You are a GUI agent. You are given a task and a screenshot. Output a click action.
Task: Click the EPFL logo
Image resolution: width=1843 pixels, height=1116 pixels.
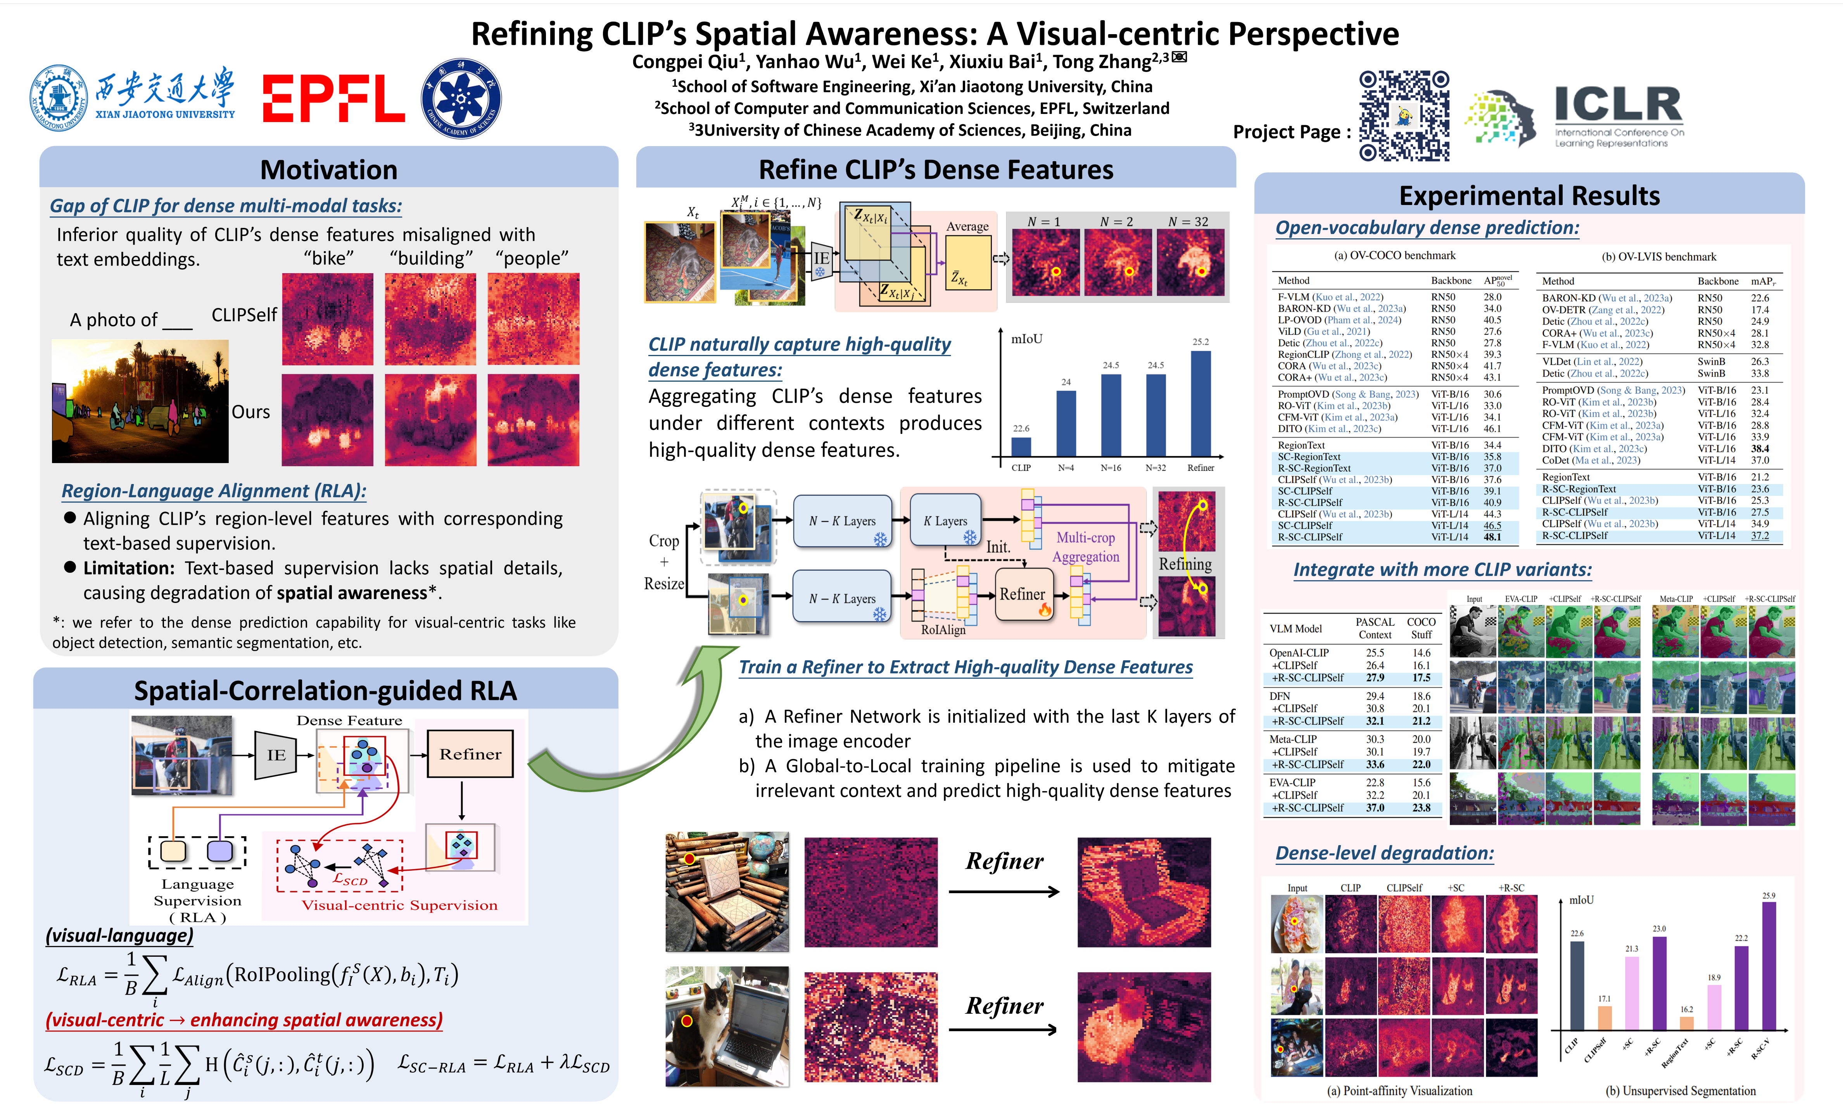(333, 98)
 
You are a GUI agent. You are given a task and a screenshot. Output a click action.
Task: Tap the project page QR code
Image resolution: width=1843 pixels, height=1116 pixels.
(1404, 116)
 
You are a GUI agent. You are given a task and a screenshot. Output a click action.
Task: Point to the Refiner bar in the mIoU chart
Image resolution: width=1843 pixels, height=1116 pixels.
(1200, 404)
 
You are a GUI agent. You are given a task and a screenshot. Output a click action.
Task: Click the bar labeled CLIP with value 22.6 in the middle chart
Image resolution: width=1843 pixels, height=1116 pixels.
(1021, 446)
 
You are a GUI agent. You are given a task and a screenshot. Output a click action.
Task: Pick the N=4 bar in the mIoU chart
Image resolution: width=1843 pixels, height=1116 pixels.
(1066, 423)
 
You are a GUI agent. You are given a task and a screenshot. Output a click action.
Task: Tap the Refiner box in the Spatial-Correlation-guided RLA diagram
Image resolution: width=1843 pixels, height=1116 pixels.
(470, 754)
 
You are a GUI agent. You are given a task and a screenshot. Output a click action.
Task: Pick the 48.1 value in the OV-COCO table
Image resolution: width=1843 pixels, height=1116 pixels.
(1492, 537)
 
